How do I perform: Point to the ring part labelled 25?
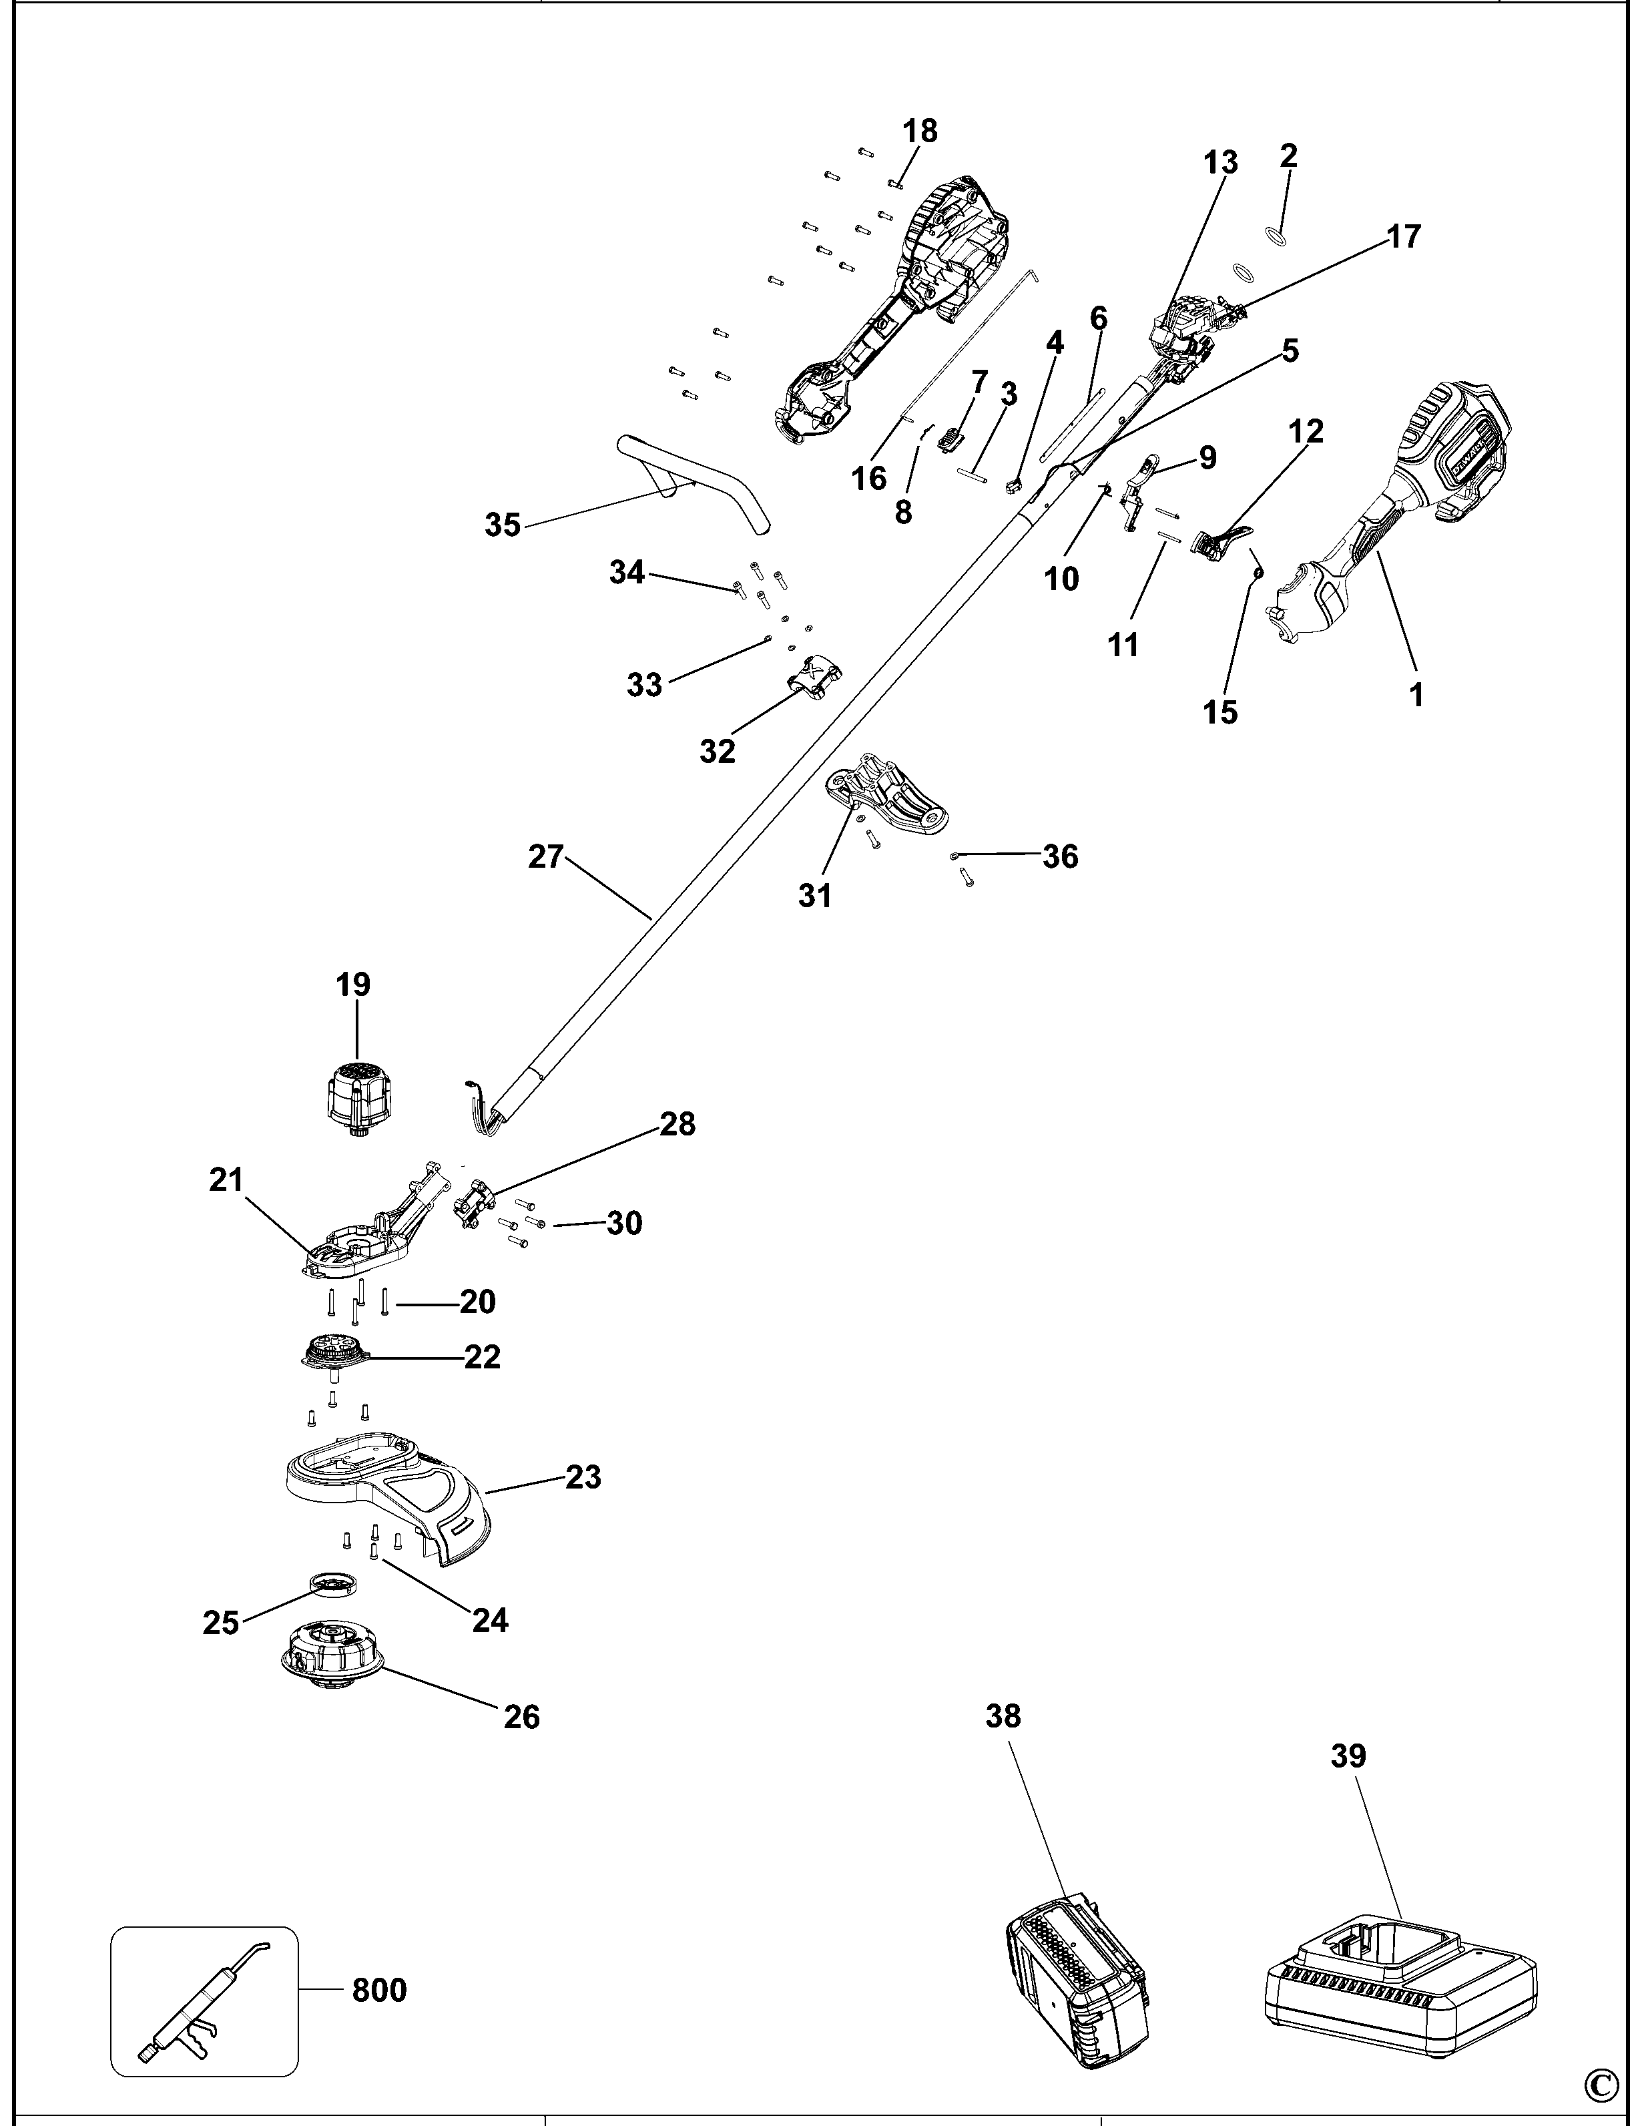click(x=334, y=1584)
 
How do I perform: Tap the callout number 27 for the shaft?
click(x=546, y=856)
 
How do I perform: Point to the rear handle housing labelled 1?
click(x=1392, y=506)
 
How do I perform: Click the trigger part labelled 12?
click(x=1217, y=540)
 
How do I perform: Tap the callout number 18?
click(x=920, y=130)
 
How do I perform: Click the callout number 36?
click(x=1060, y=856)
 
